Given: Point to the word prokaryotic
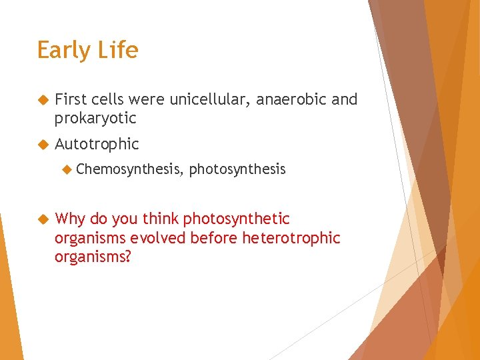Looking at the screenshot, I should pos(95,119).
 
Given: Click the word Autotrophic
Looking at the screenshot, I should pos(97,144).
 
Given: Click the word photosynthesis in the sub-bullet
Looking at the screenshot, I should pos(237,170).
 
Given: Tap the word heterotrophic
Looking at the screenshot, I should pos(291,238).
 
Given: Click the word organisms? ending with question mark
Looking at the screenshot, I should pos(93,257).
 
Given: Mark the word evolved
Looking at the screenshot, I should pos(159,238).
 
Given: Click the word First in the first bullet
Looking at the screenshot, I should pos(70,99).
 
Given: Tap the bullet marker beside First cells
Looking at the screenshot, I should pos(43,100).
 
